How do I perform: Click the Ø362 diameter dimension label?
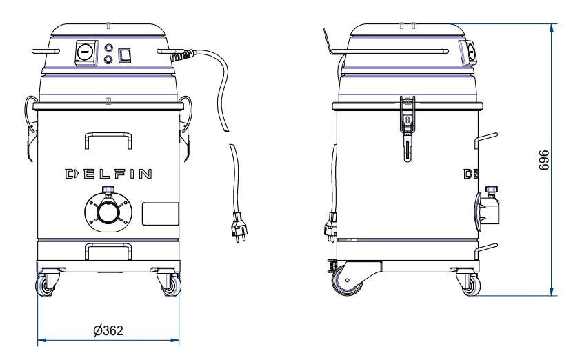pyautogui.click(x=108, y=330)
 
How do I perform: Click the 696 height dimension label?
pyautogui.click(x=544, y=160)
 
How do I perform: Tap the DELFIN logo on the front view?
pyautogui.click(x=108, y=174)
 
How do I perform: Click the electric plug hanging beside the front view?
pyautogui.click(x=239, y=227)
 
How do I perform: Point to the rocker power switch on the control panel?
pyautogui.click(x=125, y=56)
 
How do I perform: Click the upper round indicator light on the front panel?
pyautogui.click(x=108, y=48)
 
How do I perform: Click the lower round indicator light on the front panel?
pyautogui.click(x=108, y=59)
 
